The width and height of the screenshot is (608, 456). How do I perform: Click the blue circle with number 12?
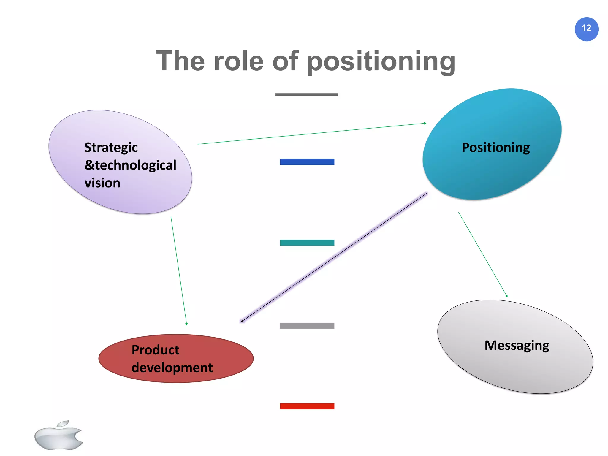[586, 29]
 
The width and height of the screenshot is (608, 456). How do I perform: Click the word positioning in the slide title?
[381, 61]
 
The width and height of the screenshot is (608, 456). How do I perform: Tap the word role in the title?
[238, 61]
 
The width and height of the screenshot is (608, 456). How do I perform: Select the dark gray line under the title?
[307, 94]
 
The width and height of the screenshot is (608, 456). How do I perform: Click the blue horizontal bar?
[307, 162]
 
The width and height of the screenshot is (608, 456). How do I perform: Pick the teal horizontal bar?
[307, 243]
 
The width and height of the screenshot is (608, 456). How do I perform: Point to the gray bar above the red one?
[307, 326]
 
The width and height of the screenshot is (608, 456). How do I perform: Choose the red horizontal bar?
[307, 406]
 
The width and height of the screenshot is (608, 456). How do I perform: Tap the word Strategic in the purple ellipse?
[111, 148]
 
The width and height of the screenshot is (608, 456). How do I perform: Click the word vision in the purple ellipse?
[102, 183]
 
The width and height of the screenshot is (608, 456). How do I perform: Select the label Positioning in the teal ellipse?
[495, 148]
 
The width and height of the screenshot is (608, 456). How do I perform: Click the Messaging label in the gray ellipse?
[517, 346]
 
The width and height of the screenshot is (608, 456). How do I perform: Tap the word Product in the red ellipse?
[155, 350]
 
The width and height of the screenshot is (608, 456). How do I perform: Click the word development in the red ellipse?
[172, 368]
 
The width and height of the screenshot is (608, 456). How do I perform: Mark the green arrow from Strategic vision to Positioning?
[312, 134]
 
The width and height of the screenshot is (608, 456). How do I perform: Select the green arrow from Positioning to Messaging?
[483, 255]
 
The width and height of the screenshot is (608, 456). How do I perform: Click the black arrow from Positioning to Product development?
[334, 257]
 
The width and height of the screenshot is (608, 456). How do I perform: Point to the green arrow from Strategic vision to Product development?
[179, 271]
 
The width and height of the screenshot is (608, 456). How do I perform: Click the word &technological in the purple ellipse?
[130, 165]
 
